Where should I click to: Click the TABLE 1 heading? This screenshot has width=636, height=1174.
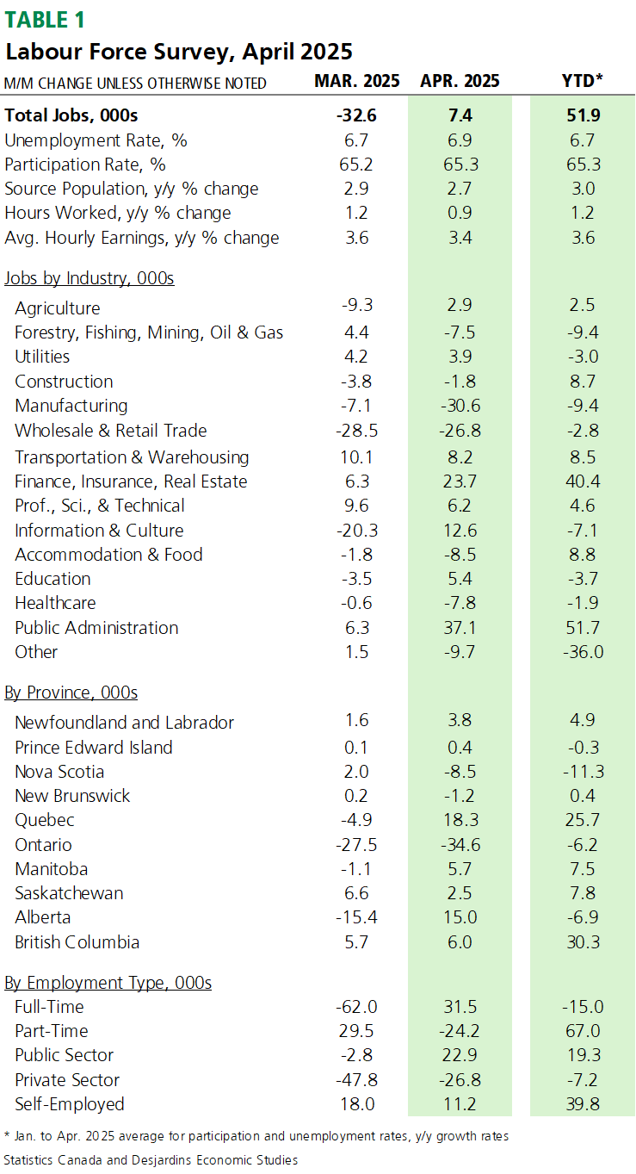(x=45, y=20)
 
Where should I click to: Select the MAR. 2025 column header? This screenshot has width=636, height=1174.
(x=357, y=81)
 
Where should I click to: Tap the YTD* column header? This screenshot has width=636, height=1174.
(x=582, y=81)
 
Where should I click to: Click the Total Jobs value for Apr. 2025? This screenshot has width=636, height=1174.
(x=460, y=115)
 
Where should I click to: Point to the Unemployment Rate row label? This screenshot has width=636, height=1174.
(x=96, y=140)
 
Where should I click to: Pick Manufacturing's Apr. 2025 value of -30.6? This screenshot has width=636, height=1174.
(x=460, y=406)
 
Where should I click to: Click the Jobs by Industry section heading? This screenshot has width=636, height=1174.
(x=89, y=278)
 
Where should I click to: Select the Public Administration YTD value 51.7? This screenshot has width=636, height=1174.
(x=583, y=627)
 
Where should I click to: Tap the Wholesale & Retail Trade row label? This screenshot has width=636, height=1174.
(x=110, y=431)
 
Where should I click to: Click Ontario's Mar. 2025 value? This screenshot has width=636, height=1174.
(x=356, y=845)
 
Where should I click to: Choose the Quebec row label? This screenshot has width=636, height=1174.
(x=45, y=820)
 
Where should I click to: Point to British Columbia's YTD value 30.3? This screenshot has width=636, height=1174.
(x=583, y=941)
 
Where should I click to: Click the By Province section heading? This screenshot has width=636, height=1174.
(x=71, y=693)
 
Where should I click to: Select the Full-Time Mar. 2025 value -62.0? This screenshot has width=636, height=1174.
(x=356, y=1007)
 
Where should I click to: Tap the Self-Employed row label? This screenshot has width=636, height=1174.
(x=70, y=1104)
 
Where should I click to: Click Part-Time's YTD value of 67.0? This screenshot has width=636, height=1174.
(x=583, y=1031)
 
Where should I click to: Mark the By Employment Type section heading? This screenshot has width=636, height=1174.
(x=108, y=983)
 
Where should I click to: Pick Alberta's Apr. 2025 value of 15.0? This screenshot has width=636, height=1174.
(x=460, y=917)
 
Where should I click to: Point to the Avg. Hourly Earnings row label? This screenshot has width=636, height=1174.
(x=141, y=238)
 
